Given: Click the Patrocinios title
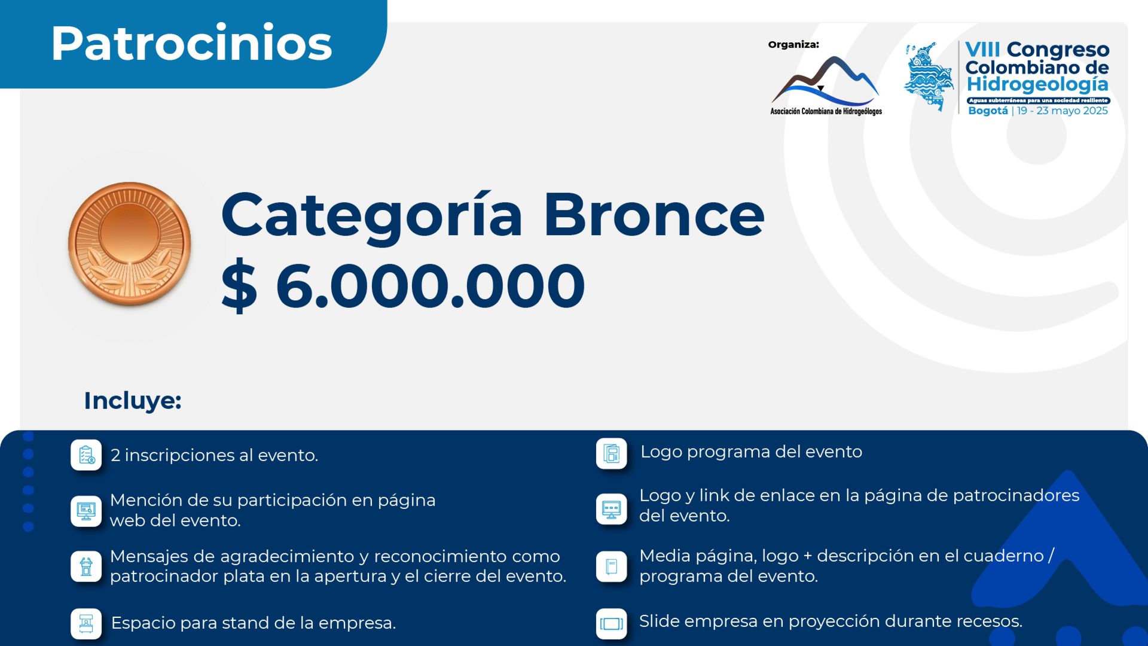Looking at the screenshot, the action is click(x=191, y=43).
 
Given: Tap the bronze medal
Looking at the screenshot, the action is click(x=129, y=243).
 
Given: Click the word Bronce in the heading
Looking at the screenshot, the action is click(x=654, y=215).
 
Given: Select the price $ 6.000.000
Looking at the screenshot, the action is click(x=403, y=285).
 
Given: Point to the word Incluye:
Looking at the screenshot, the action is click(x=133, y=400).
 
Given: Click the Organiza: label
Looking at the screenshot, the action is click(x=793, y=44).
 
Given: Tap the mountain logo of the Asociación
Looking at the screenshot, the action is click(x=825, y=80).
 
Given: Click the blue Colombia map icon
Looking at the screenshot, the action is click(x=929, y=77).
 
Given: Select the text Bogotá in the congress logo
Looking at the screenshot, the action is click(x=988, y=111).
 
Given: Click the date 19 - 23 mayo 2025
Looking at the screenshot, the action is click(x=1062, y=111).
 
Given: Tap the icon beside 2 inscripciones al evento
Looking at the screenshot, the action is click(x=86, y=455).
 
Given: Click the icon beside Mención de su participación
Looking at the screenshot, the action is click(x=86, y=511).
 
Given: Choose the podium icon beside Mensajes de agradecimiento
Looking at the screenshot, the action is click(x=86, y=566).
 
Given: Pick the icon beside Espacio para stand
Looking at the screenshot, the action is click(x=86, y=623).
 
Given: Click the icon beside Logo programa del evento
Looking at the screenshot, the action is click(x=611, y=453).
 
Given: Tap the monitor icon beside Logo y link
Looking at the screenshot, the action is click(x=611, y=509).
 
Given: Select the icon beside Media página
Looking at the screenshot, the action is click(x=611, y=566).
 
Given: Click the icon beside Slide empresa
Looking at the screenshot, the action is click(x=611, y=623).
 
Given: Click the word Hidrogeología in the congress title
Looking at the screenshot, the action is click(x=1037, y=85).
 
